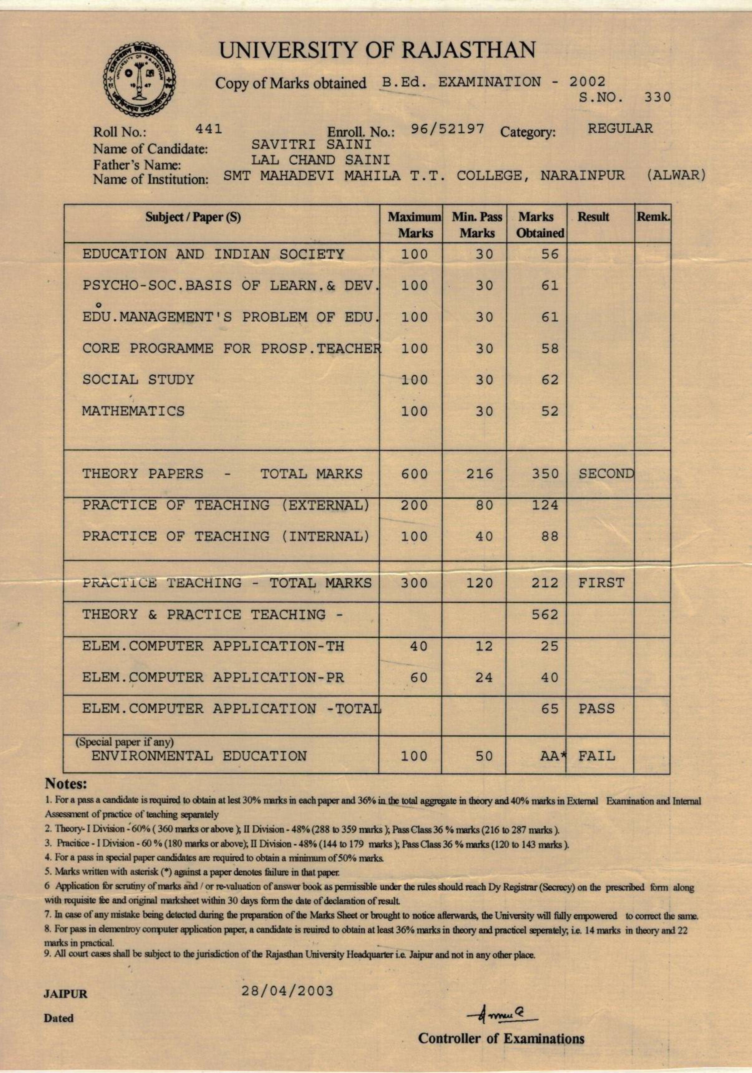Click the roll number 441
coord(209,129)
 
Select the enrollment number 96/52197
coord(447,129)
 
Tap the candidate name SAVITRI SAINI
coord(312,144)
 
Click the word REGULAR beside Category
coord(620,129)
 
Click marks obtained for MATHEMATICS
coord(550,411)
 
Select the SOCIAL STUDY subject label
coord(138,379)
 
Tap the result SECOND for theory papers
coord(606,473)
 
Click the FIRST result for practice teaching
coord(601,583)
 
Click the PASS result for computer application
coord(597,709)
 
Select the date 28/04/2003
coord(287,991)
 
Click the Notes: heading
coord(66,783)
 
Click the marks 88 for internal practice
coord(550,536)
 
